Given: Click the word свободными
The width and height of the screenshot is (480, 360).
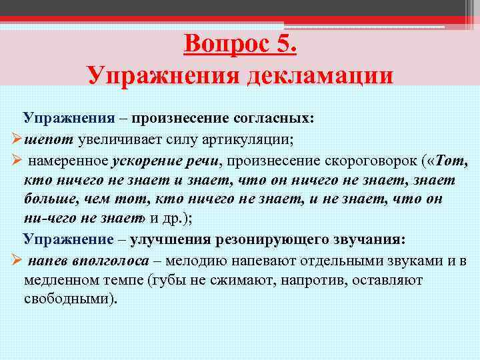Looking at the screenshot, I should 70,299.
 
